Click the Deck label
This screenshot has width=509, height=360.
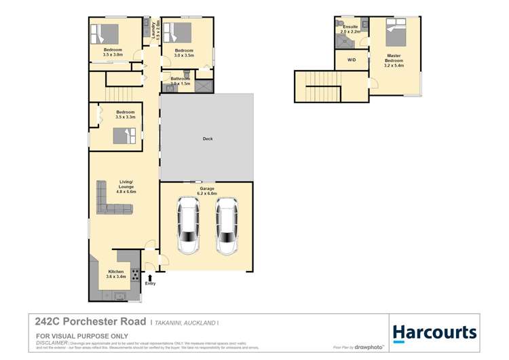point(208,139)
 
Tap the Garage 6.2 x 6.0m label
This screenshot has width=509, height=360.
point(207,191)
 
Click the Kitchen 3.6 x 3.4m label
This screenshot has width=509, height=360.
point(115,274)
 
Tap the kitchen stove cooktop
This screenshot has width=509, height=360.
point(135,275)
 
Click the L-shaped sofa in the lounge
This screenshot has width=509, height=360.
point(109,198)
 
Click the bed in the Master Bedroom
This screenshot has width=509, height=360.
point(396,33)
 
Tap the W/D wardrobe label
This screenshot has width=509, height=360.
point(352,60)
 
